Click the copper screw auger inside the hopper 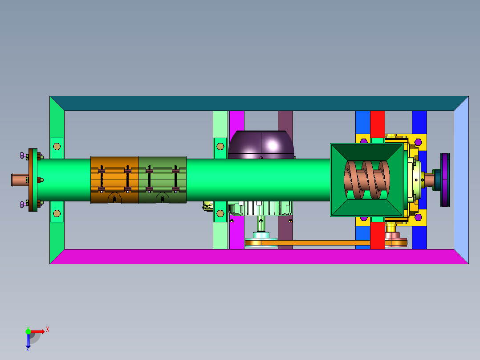click(367, 180)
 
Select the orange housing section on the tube click(114, 180)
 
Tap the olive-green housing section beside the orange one click(163, 180)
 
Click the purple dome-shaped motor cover click(261, 145)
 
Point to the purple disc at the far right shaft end click(445, 180)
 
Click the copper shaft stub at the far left click(20, 180)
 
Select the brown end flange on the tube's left click(33, 180)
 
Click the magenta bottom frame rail click(259, 257)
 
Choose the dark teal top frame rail click(259, 103)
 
